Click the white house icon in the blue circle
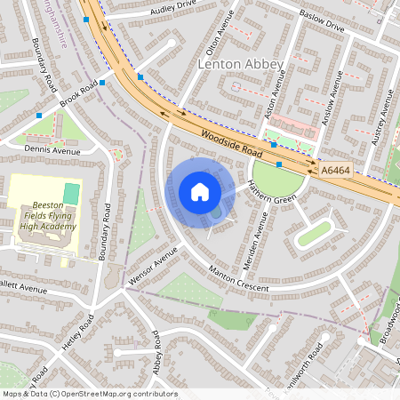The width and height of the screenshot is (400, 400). pyautogui.click(x=199, y=192)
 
